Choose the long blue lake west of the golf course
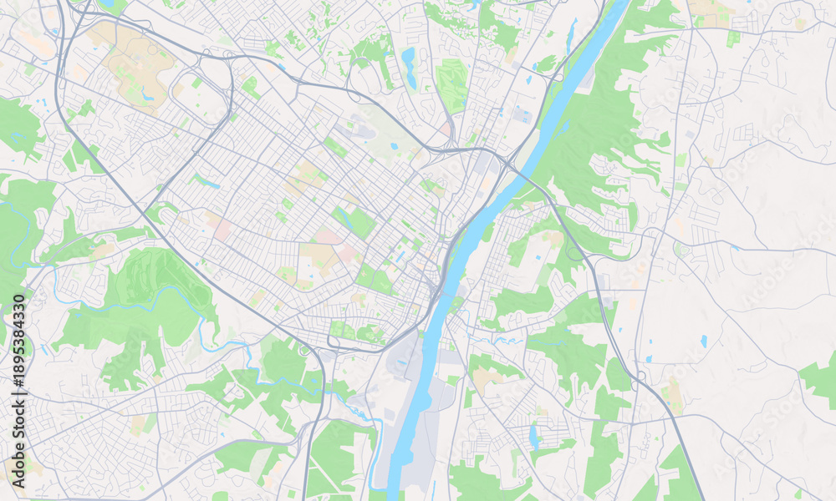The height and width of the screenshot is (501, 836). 409,67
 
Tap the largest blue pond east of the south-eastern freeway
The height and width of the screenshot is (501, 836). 704,341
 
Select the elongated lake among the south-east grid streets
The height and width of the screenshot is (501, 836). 533,436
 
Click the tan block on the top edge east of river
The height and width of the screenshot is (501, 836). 711,10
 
